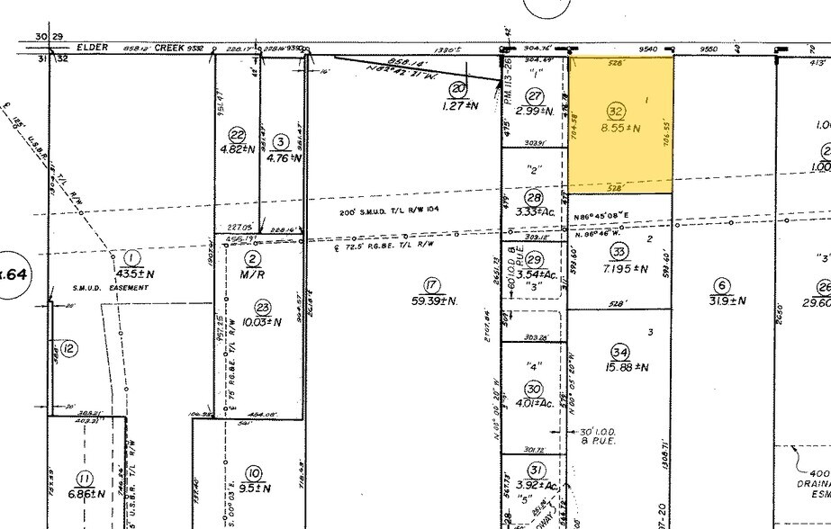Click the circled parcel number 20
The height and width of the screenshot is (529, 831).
pos(458,88)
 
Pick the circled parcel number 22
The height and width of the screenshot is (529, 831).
pos(238,132)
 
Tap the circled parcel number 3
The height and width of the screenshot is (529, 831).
pos(281,141)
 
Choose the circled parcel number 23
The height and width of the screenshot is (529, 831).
pos(263,306)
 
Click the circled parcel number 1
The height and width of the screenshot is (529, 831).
pos(133,256)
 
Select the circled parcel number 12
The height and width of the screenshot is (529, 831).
pos(69,347)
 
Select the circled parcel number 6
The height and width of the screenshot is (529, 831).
pos(719,285)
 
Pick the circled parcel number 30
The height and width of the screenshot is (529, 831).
pos(534,389)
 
